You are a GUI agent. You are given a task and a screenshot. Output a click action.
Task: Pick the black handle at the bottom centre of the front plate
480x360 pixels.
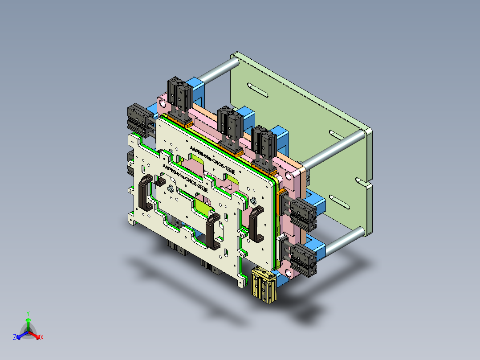(x=212, y=230)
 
